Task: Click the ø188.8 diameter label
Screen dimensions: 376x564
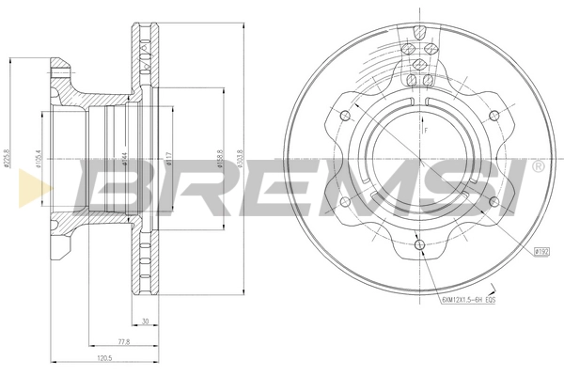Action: pos(219,158)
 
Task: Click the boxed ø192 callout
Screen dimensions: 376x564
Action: pos(540,251)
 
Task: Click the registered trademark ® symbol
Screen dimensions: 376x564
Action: pos(536,167)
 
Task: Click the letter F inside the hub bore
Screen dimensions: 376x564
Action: pos(425,131)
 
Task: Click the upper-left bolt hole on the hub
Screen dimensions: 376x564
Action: pos(345,115)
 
